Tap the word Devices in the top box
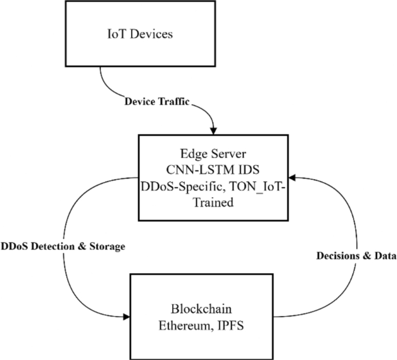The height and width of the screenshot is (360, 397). [152, 34]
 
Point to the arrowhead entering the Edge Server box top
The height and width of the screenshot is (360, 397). [214, 130]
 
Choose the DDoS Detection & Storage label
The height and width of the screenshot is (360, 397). [63, 247]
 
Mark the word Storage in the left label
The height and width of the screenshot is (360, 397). [105, 247]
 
